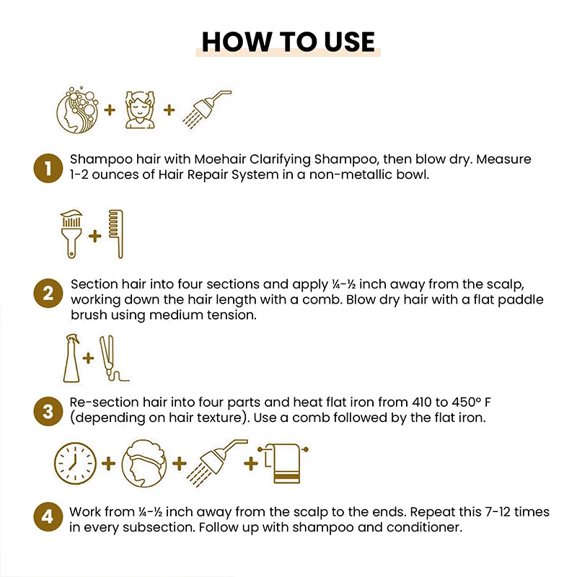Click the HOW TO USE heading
[x=288, y=42]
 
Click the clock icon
[x=75, y=463]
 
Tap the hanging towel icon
[x=286, y=462]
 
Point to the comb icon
[x=115, y=234]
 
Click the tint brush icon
[x=71, y=234]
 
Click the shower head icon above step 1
[x=206, y=108]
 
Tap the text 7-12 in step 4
[x=464, y=512]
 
